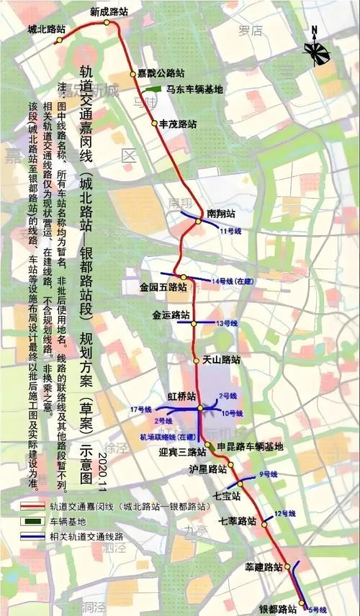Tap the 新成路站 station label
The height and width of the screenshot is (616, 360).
coord(109,12)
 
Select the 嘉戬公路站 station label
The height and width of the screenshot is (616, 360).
coord(161,73)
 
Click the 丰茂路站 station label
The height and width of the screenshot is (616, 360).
coord(178,123)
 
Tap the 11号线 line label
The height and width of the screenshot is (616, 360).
coord(228,230)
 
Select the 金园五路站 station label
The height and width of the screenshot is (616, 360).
coord(163,286)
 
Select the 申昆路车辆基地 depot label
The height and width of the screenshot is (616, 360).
coord(250,446)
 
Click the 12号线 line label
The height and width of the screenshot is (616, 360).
coord(285,513)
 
